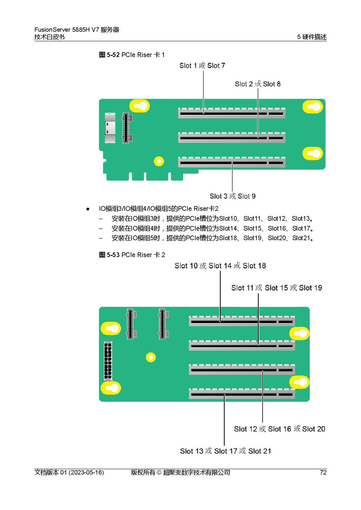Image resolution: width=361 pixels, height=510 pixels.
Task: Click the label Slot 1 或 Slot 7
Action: click(x=202, y=66)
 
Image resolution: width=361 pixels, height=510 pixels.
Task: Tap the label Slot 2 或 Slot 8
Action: click(x=258, y=84)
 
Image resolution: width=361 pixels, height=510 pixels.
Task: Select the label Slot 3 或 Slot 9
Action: click(x=232, y=196)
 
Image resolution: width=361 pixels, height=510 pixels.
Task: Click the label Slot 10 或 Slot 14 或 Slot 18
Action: click(x=220, y=266)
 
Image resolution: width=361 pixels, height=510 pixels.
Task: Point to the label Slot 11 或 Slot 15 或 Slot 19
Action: click(x=277, y=288)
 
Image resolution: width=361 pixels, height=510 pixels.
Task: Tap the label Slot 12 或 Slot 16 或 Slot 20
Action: click(x=279, y=429)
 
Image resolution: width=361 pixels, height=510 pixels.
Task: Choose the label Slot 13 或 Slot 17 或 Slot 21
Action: click(x=225, y=451)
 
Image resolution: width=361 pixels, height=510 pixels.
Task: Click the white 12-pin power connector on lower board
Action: click(x=108, y=361)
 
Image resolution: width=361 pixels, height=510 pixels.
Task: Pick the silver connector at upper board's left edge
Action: click(x=110, y=128)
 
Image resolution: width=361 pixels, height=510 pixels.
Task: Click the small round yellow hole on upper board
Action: click(x=159, y=161)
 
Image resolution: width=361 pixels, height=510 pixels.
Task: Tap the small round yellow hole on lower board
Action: click(x=151, y=357)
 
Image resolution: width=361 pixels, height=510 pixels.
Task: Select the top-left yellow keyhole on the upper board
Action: click(x=140, y=106)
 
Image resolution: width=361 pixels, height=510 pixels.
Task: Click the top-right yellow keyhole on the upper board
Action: click(x=313, y=107)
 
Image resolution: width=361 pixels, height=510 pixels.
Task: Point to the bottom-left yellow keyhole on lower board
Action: click(x=111, y=388)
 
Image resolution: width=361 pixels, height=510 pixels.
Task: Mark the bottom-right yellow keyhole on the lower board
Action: click(x=299, y=382)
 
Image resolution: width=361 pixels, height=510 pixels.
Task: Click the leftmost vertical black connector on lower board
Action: click(x=131, y=324)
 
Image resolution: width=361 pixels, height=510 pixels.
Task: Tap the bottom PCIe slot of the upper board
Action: click(x=231, y=162)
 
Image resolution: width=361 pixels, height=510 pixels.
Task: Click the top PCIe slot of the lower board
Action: click(x=242, y=321)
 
